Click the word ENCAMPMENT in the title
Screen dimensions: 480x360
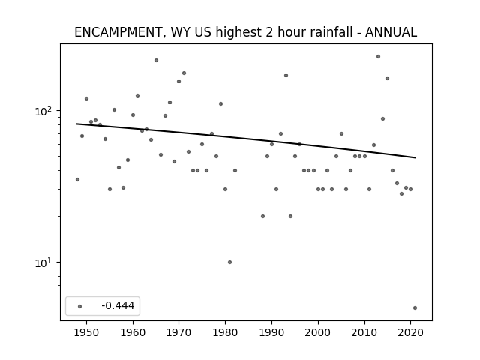point(118,32)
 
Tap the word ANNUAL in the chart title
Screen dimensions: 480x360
point(391,32)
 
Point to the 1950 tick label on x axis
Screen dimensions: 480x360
point(87,332)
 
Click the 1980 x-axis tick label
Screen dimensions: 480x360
point(225,332)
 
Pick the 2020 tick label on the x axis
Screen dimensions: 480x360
point(410,332)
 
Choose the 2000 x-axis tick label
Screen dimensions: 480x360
point(318,332)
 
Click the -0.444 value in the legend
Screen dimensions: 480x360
point(118,305)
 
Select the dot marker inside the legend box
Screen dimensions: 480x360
point(80,306)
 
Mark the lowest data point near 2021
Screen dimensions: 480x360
point(415,308)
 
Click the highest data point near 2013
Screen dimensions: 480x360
point(378,57)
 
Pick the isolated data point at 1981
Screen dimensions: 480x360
point(230,262)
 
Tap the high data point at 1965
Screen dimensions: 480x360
point(157,60)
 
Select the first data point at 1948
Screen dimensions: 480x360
point(78,180)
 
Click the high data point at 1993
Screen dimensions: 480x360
point(286,75)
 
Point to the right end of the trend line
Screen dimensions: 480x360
point(415,157)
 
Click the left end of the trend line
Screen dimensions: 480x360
point(76,124)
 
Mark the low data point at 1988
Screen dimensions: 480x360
point(262,217)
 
